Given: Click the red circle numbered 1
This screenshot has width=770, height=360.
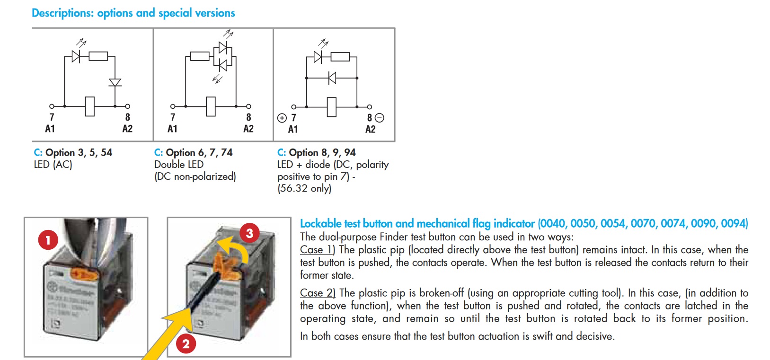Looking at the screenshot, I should tap(48, 240).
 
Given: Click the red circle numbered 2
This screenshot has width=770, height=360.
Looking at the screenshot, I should tap(186, 344).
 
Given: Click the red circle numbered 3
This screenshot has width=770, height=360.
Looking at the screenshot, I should tap(249, 233).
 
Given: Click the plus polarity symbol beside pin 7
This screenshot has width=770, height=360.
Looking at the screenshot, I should tap(282, 118).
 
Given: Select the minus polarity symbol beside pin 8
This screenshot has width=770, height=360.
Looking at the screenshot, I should tap(380, 118).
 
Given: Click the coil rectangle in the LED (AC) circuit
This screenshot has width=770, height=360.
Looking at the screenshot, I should tap(89, 106).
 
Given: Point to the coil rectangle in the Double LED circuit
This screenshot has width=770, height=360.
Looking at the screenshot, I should tap(211, 106).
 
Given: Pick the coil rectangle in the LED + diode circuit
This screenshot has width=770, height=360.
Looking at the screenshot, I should tap(332, 107).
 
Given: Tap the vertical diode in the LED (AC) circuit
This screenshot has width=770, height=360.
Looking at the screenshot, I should tap(115, 83).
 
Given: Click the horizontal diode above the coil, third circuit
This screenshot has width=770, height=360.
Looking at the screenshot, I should tap(332, 78).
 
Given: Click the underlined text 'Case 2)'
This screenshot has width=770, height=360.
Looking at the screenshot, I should tap(318, 293).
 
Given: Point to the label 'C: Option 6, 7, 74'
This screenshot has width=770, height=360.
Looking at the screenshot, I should tap(193, 152).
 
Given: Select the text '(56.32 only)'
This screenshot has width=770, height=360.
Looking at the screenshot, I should tap(304, 188).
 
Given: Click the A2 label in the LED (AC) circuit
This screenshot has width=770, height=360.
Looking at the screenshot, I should tap(127, 129).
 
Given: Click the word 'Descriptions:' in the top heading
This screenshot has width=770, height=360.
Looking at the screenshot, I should tap(62, 13).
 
